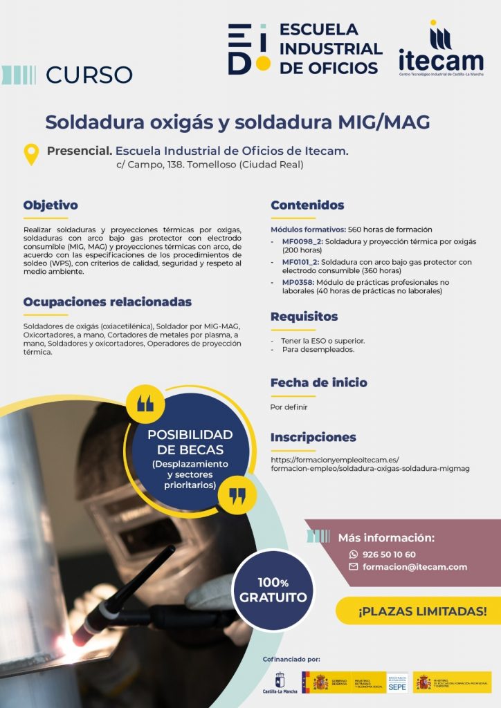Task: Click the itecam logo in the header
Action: click(441, 50)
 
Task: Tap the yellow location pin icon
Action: click(31, 154)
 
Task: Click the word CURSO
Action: click(89, 74)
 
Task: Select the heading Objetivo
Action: click(51, 205)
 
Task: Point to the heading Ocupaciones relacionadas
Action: click(107, 302)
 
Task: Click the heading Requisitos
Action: click(304, 317)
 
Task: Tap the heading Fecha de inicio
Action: click(318, 382)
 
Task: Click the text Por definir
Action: click(289, 407)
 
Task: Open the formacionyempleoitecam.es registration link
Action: click(370, 463)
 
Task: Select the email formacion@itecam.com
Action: click(413, 567)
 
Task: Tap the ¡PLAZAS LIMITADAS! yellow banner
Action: click(422, 611)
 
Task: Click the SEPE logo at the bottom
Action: click(397, 682)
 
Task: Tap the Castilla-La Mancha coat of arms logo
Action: click(280, 681)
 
